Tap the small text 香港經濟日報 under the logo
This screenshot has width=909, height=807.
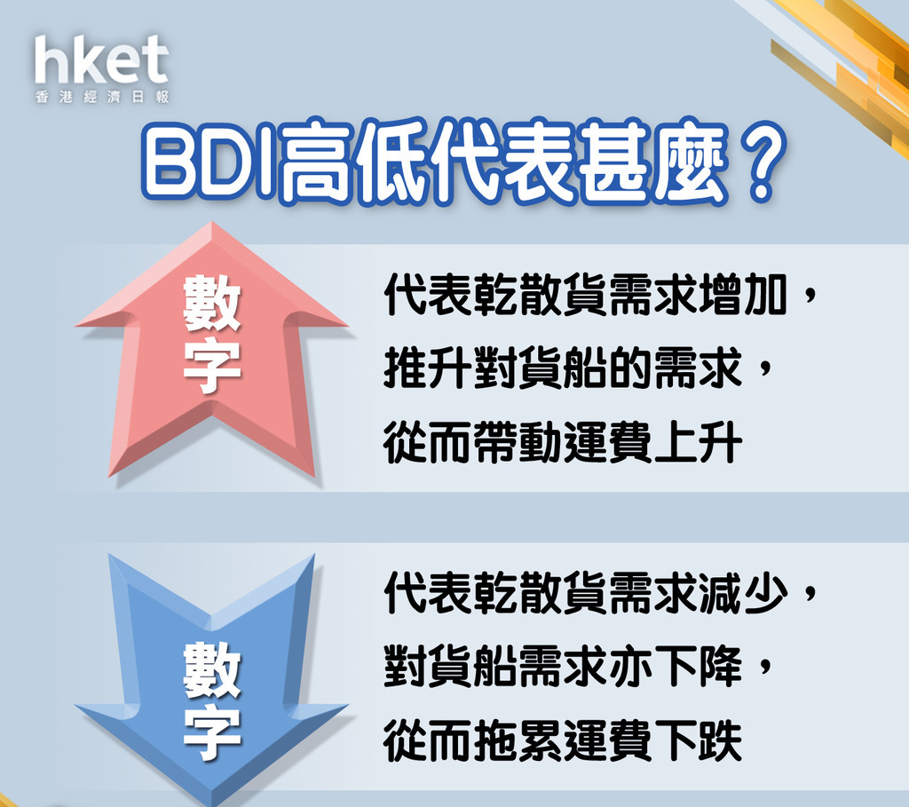[x=101, y=97]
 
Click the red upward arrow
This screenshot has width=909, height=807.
[x=211, y=350]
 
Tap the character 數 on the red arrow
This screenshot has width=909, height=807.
[x=212, y=303]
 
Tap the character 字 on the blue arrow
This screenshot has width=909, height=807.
[x=212, y=732]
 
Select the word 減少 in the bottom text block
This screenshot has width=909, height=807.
[x=744, y=592]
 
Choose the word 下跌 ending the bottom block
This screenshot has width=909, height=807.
[x=699, y=740]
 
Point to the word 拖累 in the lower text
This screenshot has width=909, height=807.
[x=518, y=740]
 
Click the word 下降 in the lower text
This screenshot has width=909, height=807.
[x=699, y=666]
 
